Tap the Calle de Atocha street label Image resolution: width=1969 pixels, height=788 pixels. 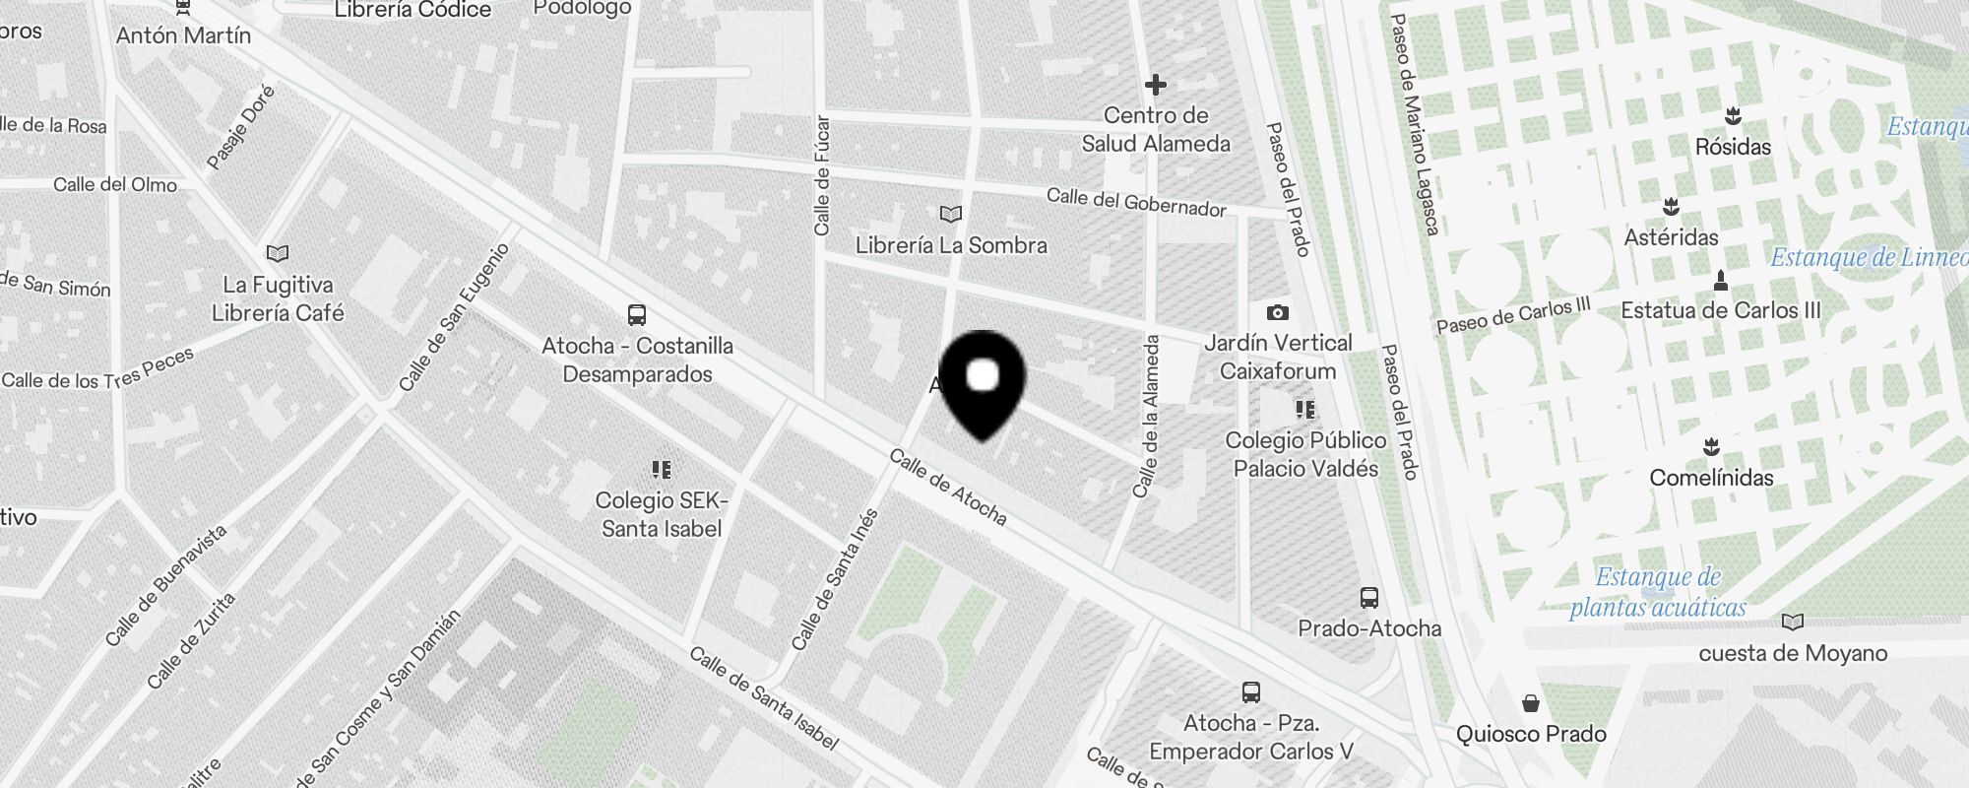[x=948, y=487]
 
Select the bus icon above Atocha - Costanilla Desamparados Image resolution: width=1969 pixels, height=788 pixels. [x=637, y=315]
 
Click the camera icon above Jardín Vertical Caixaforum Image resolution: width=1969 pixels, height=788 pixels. [x=1278, y=312]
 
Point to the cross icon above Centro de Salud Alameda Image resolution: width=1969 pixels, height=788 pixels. [x=1156, y=85]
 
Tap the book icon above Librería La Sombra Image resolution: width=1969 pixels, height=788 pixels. [x=950, y=214]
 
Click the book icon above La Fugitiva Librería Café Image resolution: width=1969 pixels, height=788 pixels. [x=278, y=254]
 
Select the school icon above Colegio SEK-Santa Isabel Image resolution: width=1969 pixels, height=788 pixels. [x=662, y=469]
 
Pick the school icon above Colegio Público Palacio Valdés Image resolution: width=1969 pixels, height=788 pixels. [x=1305, y=409]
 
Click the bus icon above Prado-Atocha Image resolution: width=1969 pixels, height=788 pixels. [x=1368, y=597]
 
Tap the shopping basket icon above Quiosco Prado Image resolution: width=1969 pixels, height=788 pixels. [x=1530, y=703]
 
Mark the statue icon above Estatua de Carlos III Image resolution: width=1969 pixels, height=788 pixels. [x=1720, y=281]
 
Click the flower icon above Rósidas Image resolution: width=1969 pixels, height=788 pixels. [x=1733, y=116]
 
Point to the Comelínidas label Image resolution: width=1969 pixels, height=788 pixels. [x=1711, y=478]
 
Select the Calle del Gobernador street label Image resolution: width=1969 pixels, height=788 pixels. [x=1135, y=202]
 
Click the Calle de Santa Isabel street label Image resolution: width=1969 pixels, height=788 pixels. [x=763, y=697]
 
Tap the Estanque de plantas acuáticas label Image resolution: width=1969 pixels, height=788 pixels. [x=1658, y=592]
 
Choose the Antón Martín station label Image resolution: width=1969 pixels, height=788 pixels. [x=183, y=35]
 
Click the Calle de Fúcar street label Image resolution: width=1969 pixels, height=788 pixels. [x=822, y=175]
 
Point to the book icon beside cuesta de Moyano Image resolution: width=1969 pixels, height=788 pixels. [x=1793, y=622]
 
